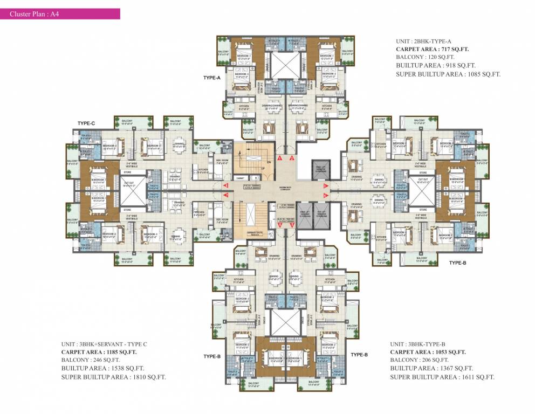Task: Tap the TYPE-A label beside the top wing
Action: point(212,78)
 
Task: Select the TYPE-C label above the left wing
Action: point(86,123)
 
